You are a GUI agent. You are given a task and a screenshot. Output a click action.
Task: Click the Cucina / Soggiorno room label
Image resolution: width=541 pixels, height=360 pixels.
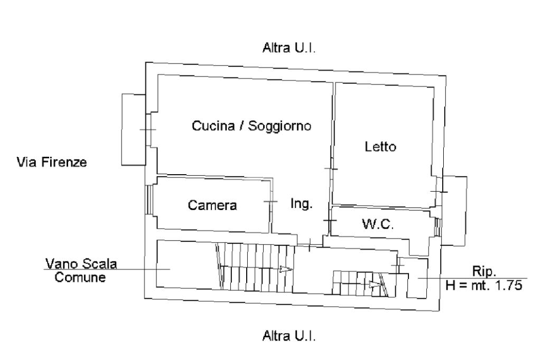point(251,126)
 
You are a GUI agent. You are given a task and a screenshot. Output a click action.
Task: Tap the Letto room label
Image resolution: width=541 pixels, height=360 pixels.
point(380,147)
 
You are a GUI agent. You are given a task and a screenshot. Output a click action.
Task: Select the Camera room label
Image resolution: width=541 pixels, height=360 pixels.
point(212,205)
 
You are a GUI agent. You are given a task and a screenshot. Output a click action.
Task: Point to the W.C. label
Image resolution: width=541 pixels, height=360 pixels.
point(378,224)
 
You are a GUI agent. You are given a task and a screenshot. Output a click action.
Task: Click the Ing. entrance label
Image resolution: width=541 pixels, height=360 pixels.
point(302,203)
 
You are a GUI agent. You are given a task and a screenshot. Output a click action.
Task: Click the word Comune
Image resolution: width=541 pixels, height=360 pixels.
point(80,277)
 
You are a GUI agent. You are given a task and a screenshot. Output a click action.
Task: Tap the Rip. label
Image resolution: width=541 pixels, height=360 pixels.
point(484,271)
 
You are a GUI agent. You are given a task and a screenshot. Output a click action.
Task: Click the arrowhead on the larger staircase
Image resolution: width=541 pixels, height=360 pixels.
point(286,269)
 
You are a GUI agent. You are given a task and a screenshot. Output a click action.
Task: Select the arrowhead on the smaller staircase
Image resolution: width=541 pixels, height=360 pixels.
point(375,285)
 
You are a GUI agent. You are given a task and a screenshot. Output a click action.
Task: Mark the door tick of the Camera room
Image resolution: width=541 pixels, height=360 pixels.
point(270,202)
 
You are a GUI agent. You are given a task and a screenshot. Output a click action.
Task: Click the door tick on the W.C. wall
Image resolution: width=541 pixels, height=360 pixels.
point(330,219)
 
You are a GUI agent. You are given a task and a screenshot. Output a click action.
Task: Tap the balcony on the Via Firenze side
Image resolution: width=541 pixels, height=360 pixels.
point(134,129)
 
